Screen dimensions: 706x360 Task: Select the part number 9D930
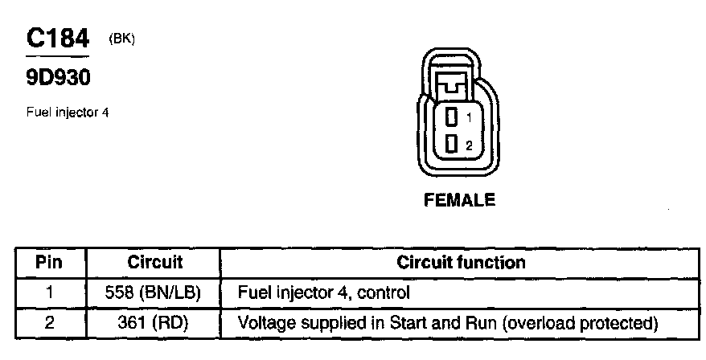coord(57,79)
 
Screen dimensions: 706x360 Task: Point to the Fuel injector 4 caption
coord(68,112)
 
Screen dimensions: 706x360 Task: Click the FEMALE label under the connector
coord(459,201)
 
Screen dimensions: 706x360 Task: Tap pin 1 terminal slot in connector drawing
coord(452,117)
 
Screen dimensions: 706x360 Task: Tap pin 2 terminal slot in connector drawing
coord(452,144)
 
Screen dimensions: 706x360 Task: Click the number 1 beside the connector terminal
coord(469,117)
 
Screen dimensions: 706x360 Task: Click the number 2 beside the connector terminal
coord(469,145)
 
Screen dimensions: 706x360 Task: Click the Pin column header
coord(50,263)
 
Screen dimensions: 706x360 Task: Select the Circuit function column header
coord(461,263)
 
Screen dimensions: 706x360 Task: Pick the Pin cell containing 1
coord(50,293)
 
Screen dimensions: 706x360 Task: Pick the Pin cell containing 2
coord(50,324)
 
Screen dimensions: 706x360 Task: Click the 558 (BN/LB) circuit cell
coord(153,293)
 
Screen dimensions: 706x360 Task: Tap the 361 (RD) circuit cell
coord(153,324)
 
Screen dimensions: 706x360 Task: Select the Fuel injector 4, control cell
coord(324,293)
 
